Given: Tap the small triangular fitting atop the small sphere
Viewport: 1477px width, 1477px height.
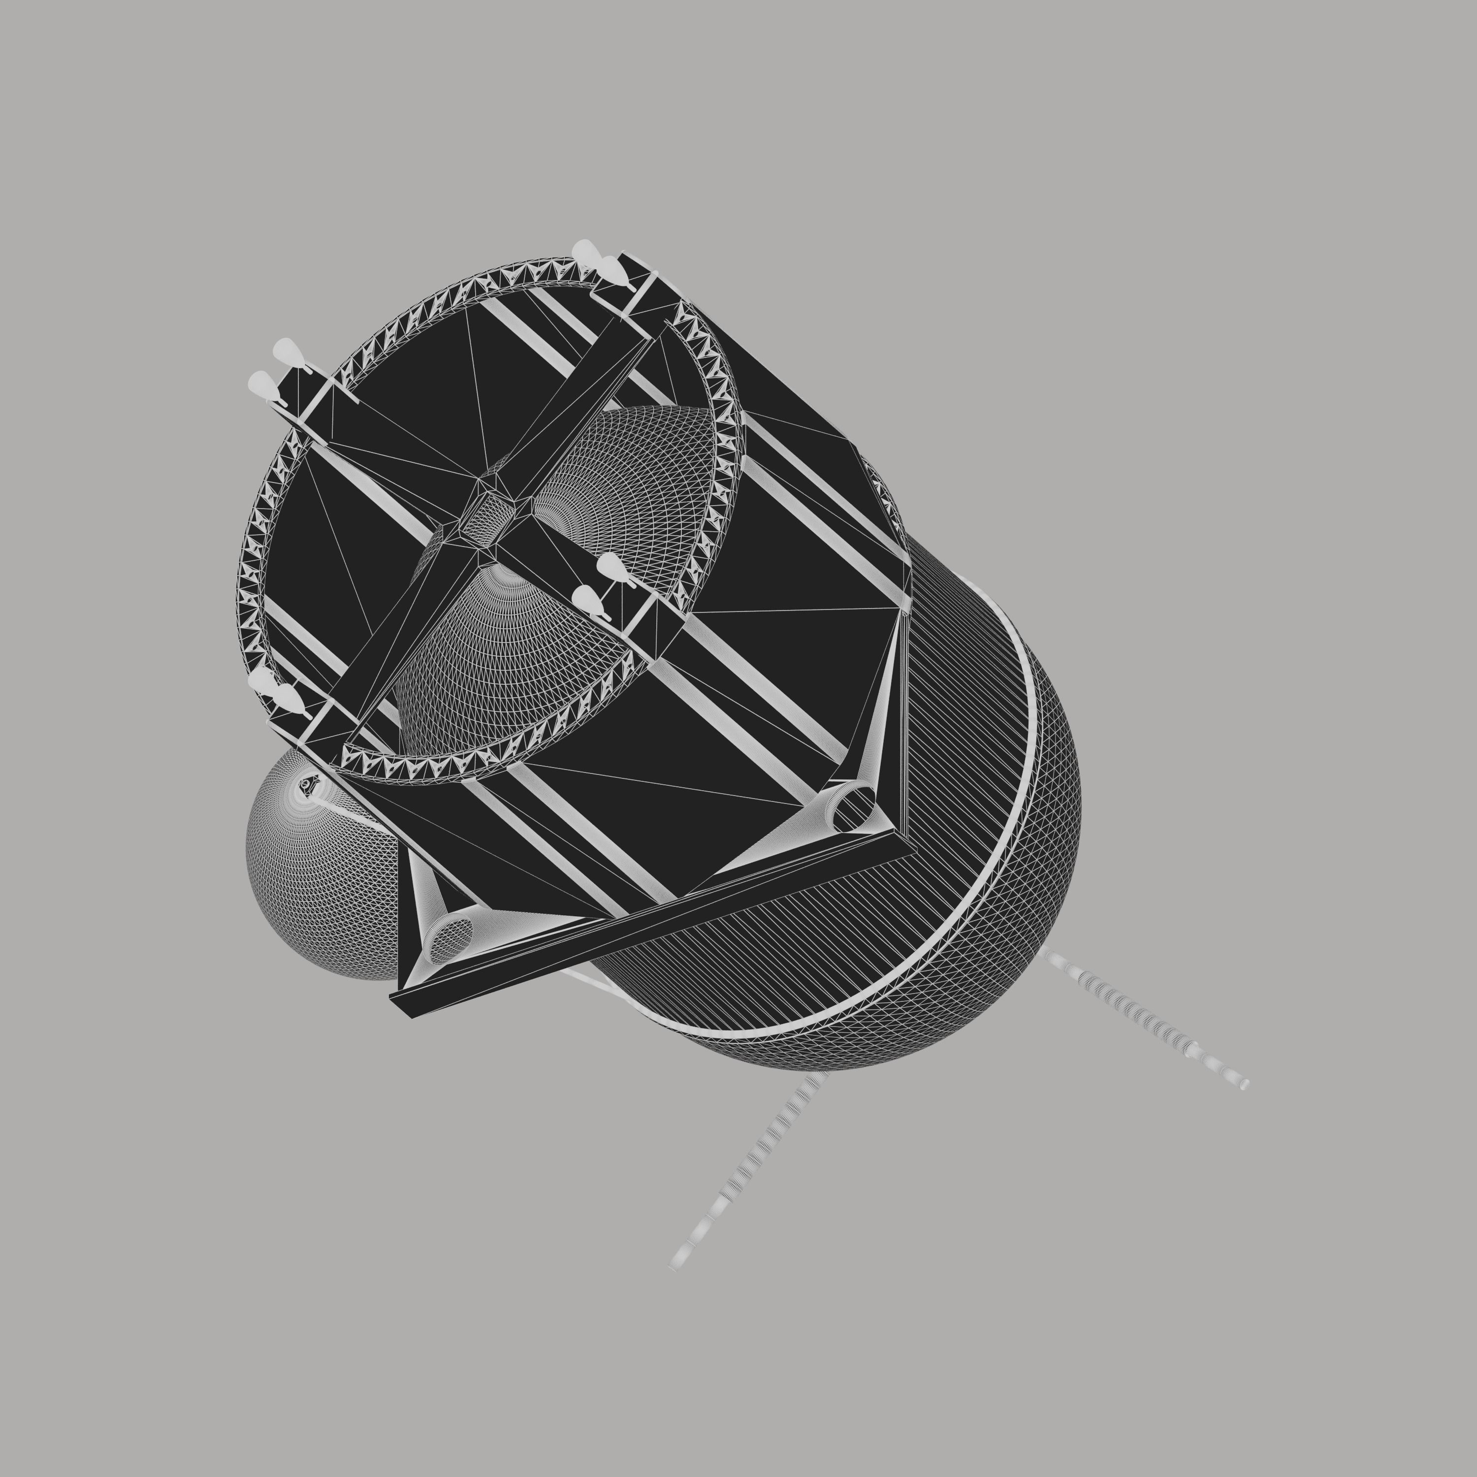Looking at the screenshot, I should click(x=309, y=784).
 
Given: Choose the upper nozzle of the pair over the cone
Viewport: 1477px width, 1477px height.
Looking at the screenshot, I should click(x=611, y=568).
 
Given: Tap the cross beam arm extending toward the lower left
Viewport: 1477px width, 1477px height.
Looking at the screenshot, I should click(x=397, y=642).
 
